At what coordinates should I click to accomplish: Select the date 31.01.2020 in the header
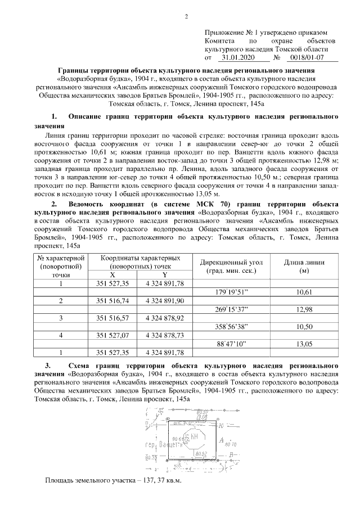pos(238,57)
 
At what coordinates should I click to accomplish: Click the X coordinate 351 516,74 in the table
pos(112,301)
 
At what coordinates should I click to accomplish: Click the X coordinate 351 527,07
pos(112,335)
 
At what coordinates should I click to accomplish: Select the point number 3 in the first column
pos(60,318)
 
